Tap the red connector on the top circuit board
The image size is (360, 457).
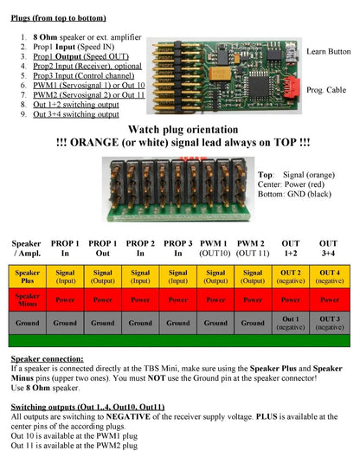(293, 87)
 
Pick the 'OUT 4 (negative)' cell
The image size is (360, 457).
(328, 276)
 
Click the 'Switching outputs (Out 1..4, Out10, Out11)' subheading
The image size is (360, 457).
(87, 406)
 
